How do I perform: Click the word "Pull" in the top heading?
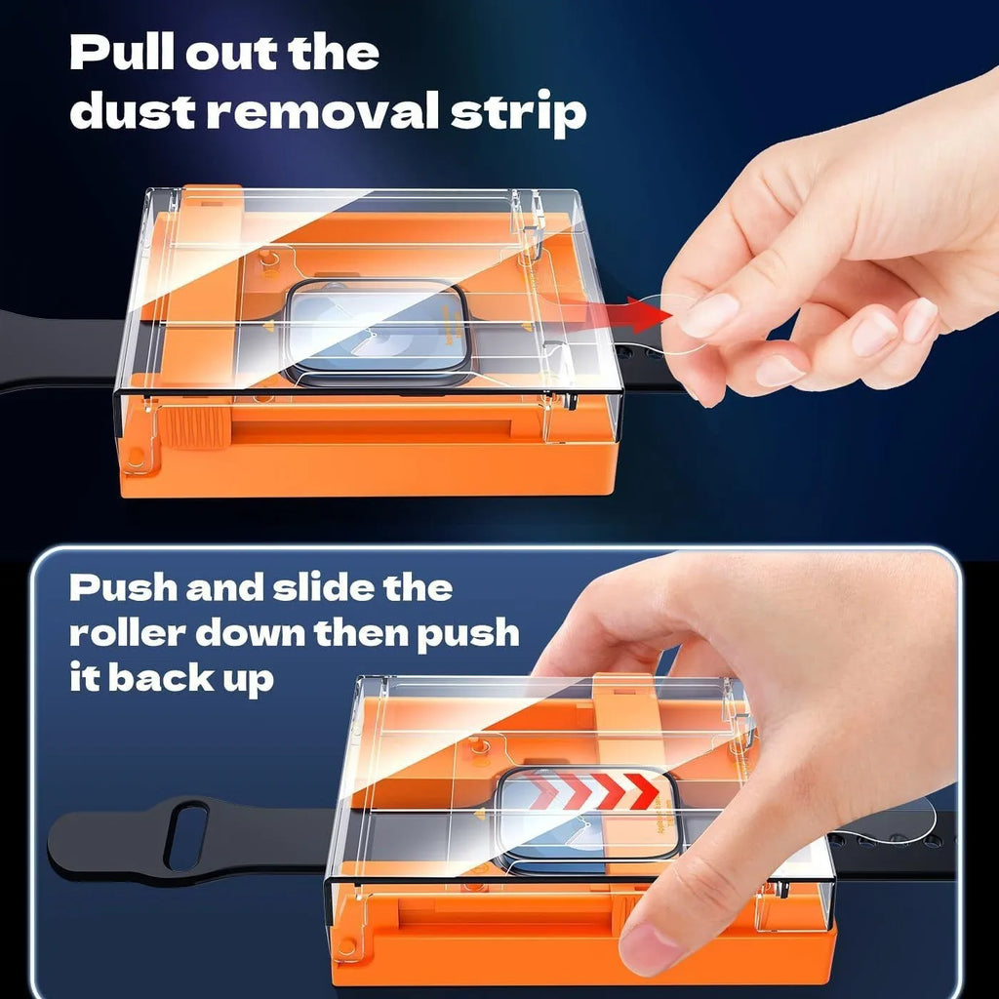[122, 53]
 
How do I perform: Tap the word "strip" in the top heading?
[519, 113]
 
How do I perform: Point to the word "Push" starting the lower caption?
[122, 587]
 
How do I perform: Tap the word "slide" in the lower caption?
[322, 587]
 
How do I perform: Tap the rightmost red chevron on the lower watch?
[642, 790]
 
